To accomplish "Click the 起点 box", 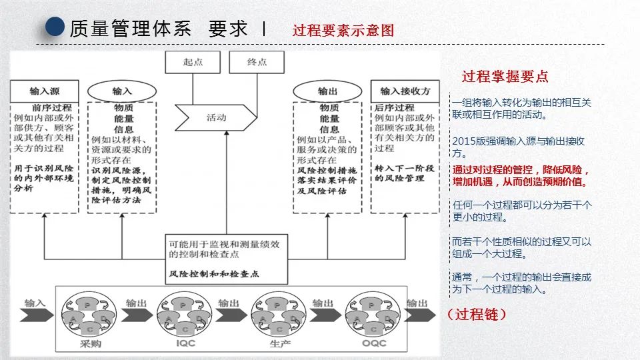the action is click(193, 62).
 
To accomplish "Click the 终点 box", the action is click(257, 62).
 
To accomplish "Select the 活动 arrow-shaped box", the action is click(215, 117).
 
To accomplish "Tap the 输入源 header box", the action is click(44, 91).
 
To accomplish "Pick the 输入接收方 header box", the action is click(405, 91).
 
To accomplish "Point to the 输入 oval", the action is click(122, 91).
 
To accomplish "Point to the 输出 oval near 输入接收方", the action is click(328, 91).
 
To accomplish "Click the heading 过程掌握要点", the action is click(505, 77).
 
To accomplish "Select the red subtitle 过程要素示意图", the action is click(343, 30).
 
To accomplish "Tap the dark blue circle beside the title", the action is click(55, 27).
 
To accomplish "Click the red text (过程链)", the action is click(477, 314).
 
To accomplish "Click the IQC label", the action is click(186, 344).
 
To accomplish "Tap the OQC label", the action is click(374, 344).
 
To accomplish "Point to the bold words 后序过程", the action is click(395, 107).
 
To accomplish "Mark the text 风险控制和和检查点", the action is click(214, 274).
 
